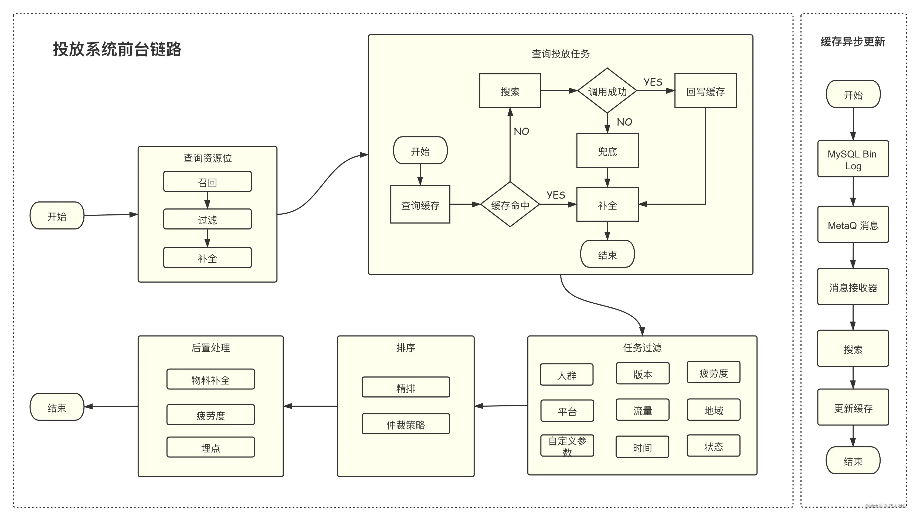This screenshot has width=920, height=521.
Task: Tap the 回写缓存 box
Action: point(705,91)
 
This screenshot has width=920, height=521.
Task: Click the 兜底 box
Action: point(607,150)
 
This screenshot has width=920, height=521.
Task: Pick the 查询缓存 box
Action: point(420,204)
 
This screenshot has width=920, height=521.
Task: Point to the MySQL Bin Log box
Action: point(853,159)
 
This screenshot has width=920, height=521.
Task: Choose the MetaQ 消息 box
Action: point(853,224)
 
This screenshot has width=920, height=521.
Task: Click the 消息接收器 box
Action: point(853,287)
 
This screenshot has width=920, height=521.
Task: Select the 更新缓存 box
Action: point(853,407)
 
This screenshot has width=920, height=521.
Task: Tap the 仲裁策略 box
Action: point(406,424)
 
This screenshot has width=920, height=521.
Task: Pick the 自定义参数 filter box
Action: point(567,445)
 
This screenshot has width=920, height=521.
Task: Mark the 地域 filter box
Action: point(713,410)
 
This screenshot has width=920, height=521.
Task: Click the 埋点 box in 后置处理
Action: point(211,447)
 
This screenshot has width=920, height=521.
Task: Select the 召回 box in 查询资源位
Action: point(207,181)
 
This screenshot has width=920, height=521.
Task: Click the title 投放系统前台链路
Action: point(117,49)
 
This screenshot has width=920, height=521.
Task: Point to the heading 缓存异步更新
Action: point(853,42)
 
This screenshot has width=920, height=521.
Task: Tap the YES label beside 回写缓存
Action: point(653,82)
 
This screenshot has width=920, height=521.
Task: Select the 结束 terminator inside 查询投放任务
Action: point(607,254)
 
